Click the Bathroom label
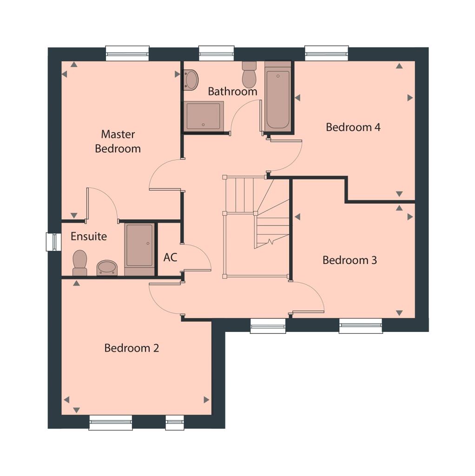232,91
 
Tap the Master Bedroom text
118,141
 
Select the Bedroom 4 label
353,127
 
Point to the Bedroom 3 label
350,260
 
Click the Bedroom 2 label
132,348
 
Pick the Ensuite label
89,236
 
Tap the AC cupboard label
170,257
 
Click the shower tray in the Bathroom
204,116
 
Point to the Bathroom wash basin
191,79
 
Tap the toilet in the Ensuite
80,263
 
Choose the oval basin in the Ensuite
107,268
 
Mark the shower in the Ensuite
139,249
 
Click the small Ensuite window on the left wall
53,242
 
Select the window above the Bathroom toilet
216,53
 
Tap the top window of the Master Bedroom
127,53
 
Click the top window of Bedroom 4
326,53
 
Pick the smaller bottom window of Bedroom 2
175,423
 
